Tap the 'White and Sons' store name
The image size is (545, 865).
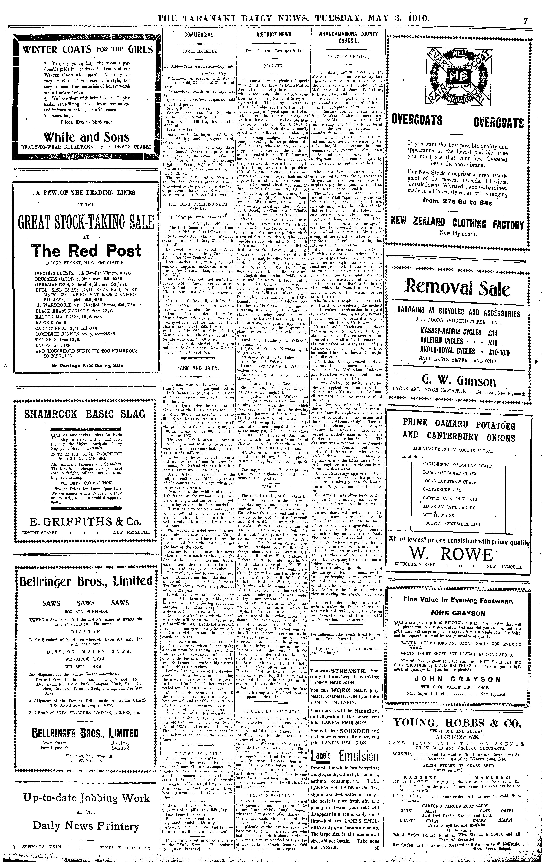click(x=86, y=137)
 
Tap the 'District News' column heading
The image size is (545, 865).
click(x=274, y=35)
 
